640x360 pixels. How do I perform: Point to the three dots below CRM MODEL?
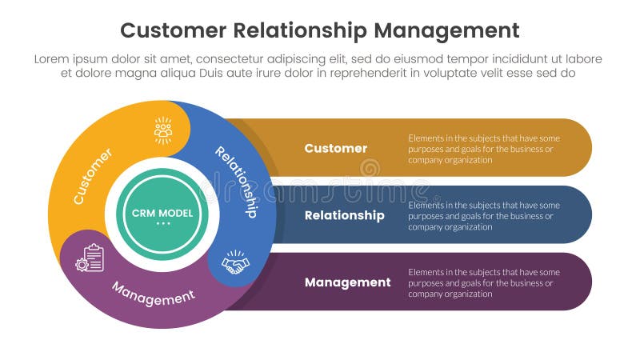coord(158,223)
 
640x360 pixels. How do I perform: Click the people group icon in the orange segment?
coord(163,130)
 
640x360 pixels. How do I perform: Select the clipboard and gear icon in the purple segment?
coord(90,258)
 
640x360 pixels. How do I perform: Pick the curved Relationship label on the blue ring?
coord(238,181)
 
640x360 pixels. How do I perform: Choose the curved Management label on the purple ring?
coord(153,293)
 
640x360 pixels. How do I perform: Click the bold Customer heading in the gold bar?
coord(336,148)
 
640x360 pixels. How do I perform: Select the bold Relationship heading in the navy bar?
coord(344,215)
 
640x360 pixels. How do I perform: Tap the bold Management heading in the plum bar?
coord(347,282)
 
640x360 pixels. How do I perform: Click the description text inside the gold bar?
coord(483,148)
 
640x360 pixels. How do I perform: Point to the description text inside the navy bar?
coord(483,215)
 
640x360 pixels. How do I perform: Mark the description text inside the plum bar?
coord(483,282)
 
